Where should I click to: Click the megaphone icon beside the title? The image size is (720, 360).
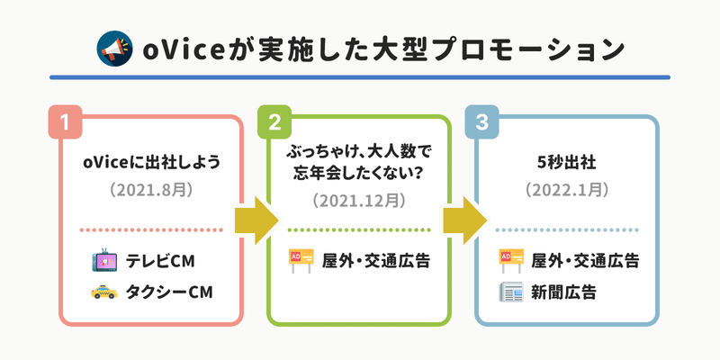114,49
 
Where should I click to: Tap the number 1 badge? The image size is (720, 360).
65,121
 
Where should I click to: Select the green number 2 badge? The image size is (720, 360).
274,121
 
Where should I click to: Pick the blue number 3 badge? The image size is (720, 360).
481,121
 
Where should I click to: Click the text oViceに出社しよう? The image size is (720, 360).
151,163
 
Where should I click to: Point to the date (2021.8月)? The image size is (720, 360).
151,190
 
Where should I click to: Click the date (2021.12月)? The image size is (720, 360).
359,201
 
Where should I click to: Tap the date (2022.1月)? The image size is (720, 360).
567,190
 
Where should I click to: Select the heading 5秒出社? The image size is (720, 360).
567,163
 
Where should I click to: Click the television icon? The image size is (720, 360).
104,260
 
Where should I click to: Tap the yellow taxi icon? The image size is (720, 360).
104,292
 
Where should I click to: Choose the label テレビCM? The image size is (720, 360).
160,261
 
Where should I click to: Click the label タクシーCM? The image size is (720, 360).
169,292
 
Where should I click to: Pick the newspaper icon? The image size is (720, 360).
511,292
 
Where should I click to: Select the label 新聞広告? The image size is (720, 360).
564,292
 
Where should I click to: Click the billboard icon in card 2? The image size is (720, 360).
301,261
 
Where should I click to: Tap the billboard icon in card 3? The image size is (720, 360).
511,261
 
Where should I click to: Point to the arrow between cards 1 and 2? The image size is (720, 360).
256,220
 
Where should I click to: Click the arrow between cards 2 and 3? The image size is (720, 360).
464,220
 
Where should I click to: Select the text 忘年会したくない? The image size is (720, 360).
359,175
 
